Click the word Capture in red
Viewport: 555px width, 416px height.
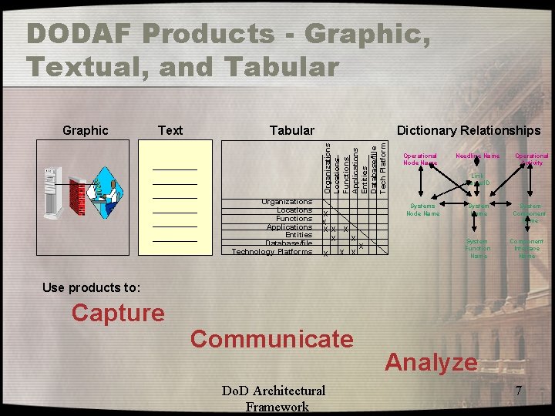pyautogui.click(x=118, y=313)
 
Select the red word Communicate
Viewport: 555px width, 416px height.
pyautogui.click(x=271, y=338)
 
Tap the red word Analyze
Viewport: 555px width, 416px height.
pyautogui.click(x=431, y=361)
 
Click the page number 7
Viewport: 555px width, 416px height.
pyautogui.click(x=520, y=391)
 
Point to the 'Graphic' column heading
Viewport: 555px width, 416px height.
pyautogui.click(x=85, y=130)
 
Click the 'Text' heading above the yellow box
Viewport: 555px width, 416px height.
pyautogui.click(x=170, y=130)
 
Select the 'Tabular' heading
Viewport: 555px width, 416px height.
pyautogui.click(x=291, y=130)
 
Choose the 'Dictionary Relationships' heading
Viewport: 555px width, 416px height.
pyautogui.click(x=469, y=130)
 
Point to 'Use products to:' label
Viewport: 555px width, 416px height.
pyautogui.click(x=92, y=287)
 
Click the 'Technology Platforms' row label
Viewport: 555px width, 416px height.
pyautogui.click(x=272, y=252)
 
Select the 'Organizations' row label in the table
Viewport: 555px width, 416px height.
pyautogui.click(x=286, y=202)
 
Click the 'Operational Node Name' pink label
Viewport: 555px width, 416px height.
pyautogui.click(x=420, y=159)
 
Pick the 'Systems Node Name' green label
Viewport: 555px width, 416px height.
pyautogui.click(x=422, y=210)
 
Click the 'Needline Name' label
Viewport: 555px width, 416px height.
pyautogui.click(x=478, y=156)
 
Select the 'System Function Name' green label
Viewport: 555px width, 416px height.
pyautogui.click(x=478, y=248)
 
